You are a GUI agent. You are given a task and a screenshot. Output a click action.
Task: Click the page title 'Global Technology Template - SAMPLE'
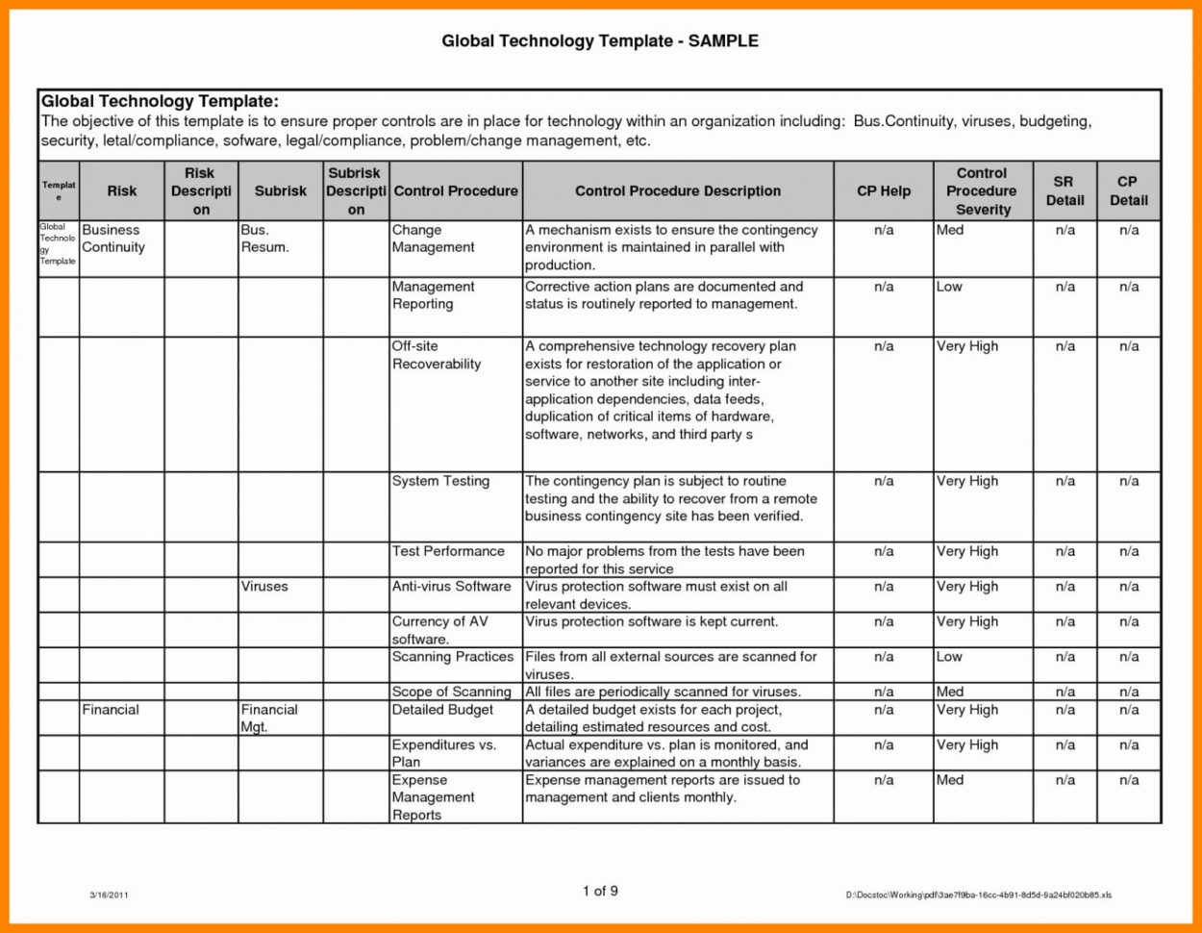(x=600, y=40)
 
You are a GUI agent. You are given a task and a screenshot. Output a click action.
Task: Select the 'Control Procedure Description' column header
(x=678, y=190)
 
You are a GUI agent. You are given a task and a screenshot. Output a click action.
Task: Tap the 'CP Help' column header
(x=883, y=190)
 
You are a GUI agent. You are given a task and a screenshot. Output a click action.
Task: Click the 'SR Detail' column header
(x=1064, y=190)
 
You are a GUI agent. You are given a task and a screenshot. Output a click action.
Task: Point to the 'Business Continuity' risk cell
(x=113, y=239)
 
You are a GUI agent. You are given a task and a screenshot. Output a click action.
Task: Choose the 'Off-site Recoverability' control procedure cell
(x=436, y=355)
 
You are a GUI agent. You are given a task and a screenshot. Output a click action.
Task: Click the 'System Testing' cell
(x=440, y=481)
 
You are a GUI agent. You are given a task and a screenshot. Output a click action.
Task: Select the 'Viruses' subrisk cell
(x=264, y=586)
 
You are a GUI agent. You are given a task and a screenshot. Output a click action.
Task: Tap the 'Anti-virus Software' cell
(x=451, y=586)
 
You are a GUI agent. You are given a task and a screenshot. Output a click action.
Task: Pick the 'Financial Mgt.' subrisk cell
(x=269, y=718)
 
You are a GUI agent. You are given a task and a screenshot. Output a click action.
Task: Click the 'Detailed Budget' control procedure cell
(x=443, y=709)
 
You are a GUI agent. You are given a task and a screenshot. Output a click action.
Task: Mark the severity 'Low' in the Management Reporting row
(x=949, y=287)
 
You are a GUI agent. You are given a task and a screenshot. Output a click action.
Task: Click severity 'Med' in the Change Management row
(x=950, y=230)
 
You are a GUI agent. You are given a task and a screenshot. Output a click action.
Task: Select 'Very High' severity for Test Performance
(x=967, y=551)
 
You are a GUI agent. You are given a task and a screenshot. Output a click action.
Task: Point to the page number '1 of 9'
(x=600, y=891)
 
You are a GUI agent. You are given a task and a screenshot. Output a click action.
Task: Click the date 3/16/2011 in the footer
(x=109, y=895)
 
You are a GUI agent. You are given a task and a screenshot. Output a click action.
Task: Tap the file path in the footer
(x=978, y=895)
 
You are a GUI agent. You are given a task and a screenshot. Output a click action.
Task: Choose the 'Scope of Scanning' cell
(x=451, y=692)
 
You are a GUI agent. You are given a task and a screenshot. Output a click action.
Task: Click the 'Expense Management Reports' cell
(x=433, y=797)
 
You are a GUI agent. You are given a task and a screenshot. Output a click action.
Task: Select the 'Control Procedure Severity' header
(x=981, y=190)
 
